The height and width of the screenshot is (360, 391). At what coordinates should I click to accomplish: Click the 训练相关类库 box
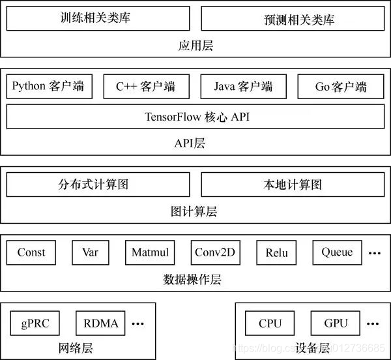click(98, 18)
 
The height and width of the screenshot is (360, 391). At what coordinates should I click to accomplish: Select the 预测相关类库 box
click(293, 19)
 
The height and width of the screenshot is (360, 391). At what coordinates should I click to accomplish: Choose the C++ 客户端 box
click(146, 86)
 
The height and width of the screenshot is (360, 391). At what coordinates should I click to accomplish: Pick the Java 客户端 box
click(243, 86)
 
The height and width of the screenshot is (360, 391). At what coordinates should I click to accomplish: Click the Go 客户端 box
click(341, 86)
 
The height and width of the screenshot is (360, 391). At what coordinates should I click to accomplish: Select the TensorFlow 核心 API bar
click(195, 117)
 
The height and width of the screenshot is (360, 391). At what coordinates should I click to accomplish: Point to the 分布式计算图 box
click(98, 185)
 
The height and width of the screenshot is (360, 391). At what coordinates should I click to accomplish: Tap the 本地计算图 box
click(293, 185)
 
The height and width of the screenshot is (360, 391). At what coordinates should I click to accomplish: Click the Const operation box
click(31, 252)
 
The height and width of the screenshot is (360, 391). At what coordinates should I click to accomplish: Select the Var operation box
click(90, 252)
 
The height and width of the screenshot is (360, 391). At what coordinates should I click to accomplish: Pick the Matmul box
click(150, 252)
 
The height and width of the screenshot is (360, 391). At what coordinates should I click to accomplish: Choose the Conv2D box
click(216, 252)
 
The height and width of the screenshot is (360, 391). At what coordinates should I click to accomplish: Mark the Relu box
click(276, 252)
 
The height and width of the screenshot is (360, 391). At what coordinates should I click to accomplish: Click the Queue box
click(337, 252)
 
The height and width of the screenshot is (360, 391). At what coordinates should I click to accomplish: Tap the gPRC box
click(35, 323)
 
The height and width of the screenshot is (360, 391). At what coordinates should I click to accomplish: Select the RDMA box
click(101, 323)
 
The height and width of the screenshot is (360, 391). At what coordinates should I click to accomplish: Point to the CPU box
click(270, 323)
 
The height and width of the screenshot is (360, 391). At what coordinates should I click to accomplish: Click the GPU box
click(335, 323)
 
